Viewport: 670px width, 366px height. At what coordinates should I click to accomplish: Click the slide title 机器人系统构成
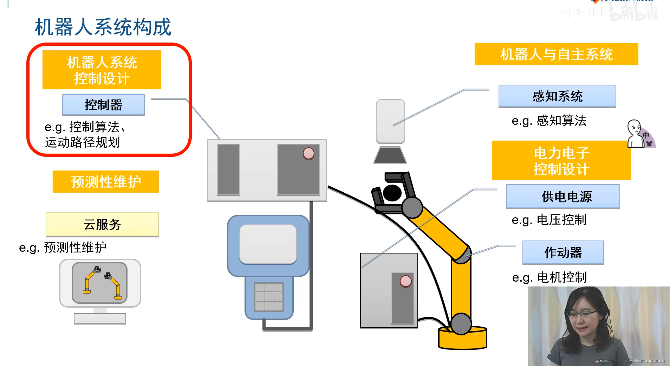[103, 27]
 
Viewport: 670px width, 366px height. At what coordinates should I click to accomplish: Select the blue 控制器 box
[103, 105]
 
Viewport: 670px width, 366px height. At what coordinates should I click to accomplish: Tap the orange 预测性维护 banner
[106, 182]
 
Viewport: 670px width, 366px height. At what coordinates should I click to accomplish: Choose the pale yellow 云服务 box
[102, 224]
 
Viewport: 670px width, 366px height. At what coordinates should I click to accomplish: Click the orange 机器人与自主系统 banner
[556, 54]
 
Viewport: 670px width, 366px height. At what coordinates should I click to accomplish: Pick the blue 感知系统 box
[557, 96]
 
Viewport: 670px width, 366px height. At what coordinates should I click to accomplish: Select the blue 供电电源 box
[563, 197]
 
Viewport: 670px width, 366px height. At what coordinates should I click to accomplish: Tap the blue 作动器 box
[563, 252]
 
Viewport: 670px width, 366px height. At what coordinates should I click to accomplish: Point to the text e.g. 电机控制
[549, 277]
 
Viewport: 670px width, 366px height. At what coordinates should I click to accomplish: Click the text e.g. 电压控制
[549, 220]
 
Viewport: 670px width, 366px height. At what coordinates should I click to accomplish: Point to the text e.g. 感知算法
[549, 121]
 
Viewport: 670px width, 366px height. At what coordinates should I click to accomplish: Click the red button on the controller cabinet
[308, 153]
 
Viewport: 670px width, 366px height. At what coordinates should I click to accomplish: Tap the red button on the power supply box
[405, 281]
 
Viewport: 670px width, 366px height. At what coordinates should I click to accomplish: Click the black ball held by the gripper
[392, 193]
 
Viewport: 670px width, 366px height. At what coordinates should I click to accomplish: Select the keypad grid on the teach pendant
[269, 297]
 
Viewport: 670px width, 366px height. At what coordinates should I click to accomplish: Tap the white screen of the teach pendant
[268, 244]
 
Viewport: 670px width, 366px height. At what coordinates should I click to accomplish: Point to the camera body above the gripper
[390, 121]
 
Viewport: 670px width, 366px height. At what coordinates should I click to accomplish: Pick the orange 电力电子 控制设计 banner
[561, 161]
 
